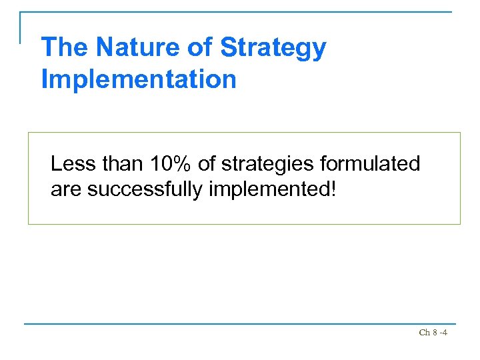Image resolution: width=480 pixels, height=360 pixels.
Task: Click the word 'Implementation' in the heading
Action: (139, 79)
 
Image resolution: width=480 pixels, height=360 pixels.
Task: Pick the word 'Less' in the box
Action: (71, 164)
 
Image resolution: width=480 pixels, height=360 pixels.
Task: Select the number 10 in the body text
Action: (163, 164)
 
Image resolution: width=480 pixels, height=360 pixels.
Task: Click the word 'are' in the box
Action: (66, 190)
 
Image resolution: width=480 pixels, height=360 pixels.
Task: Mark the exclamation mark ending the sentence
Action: (333, 189)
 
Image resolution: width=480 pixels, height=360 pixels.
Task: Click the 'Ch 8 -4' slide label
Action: (433, 332)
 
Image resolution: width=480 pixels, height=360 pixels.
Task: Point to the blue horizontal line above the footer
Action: (240, 324)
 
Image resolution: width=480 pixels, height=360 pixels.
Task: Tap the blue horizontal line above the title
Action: (240, 12)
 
